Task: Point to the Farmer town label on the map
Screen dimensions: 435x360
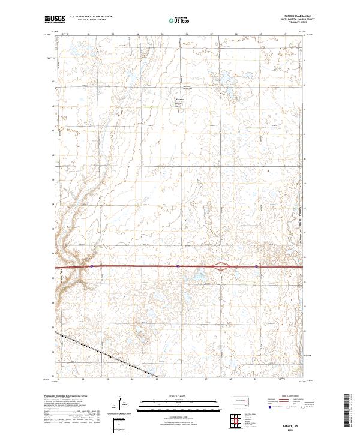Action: [x=180, y=98]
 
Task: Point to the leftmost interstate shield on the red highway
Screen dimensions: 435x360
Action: [x=91, y=266]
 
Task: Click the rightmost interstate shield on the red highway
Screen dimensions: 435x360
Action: [x=256, y=266]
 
